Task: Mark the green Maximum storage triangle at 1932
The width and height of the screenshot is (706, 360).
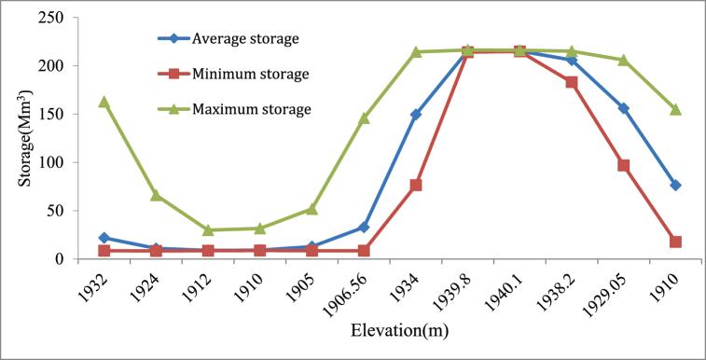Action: click(104, 102)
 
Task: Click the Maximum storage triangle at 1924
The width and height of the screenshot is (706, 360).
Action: click(156, 195)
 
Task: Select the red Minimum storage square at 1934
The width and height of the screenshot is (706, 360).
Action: click(416, 185)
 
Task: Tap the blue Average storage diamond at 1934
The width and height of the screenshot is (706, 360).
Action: click(416, 114)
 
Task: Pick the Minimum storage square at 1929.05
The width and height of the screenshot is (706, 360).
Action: click(623, 165)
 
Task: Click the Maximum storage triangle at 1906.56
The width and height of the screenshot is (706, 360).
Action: click(364, 118)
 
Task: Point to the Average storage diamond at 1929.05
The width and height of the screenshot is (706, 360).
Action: click(623, 108)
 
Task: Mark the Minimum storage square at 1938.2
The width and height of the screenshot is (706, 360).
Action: click(572, 82)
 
